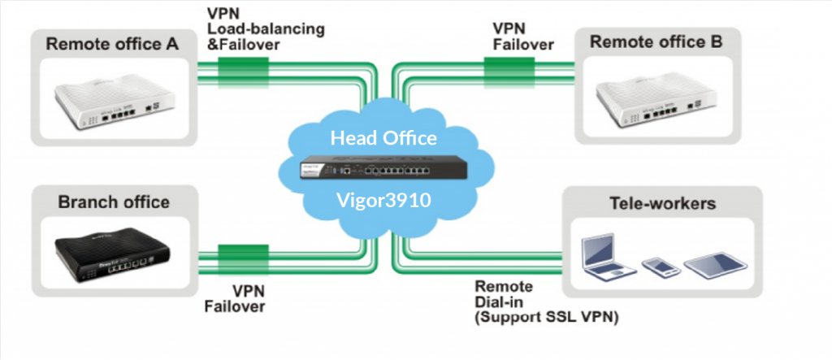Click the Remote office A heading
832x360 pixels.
point(112,44)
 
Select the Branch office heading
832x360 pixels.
point(113,202)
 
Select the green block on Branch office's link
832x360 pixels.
point(243,257)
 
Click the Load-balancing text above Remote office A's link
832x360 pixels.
point(266,28)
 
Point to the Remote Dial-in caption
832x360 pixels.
point(504,294)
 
